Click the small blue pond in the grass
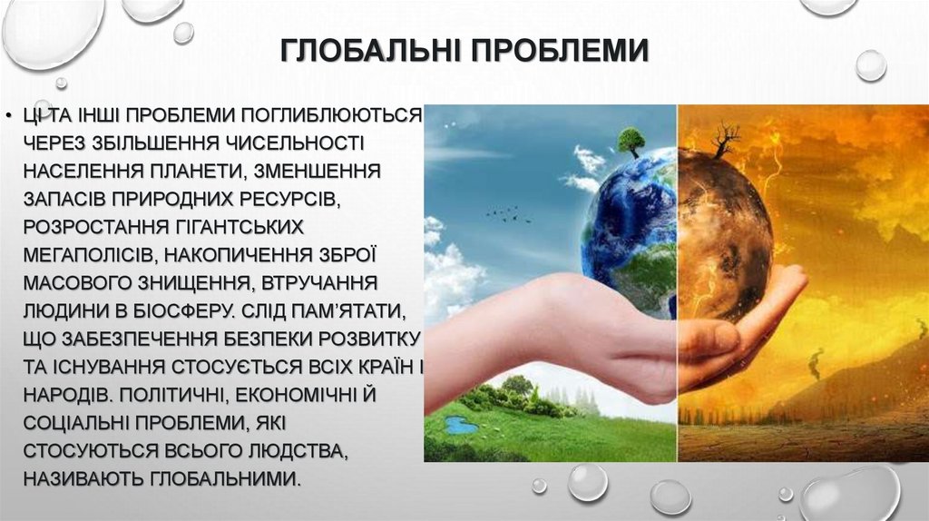[x=461, y=425]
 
